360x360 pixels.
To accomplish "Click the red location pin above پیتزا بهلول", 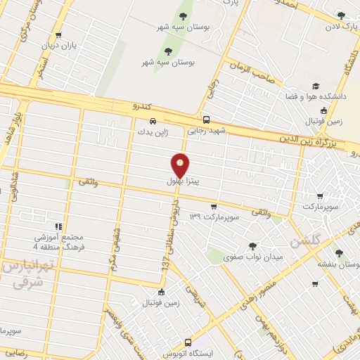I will [181, 165].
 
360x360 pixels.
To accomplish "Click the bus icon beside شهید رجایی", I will [205, 120].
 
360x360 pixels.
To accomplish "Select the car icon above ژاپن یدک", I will [153, 120].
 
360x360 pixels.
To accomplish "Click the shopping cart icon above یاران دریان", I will [58, 34].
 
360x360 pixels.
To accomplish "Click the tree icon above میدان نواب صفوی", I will [252, 245].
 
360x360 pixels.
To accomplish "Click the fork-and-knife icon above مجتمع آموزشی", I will [58, 226].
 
